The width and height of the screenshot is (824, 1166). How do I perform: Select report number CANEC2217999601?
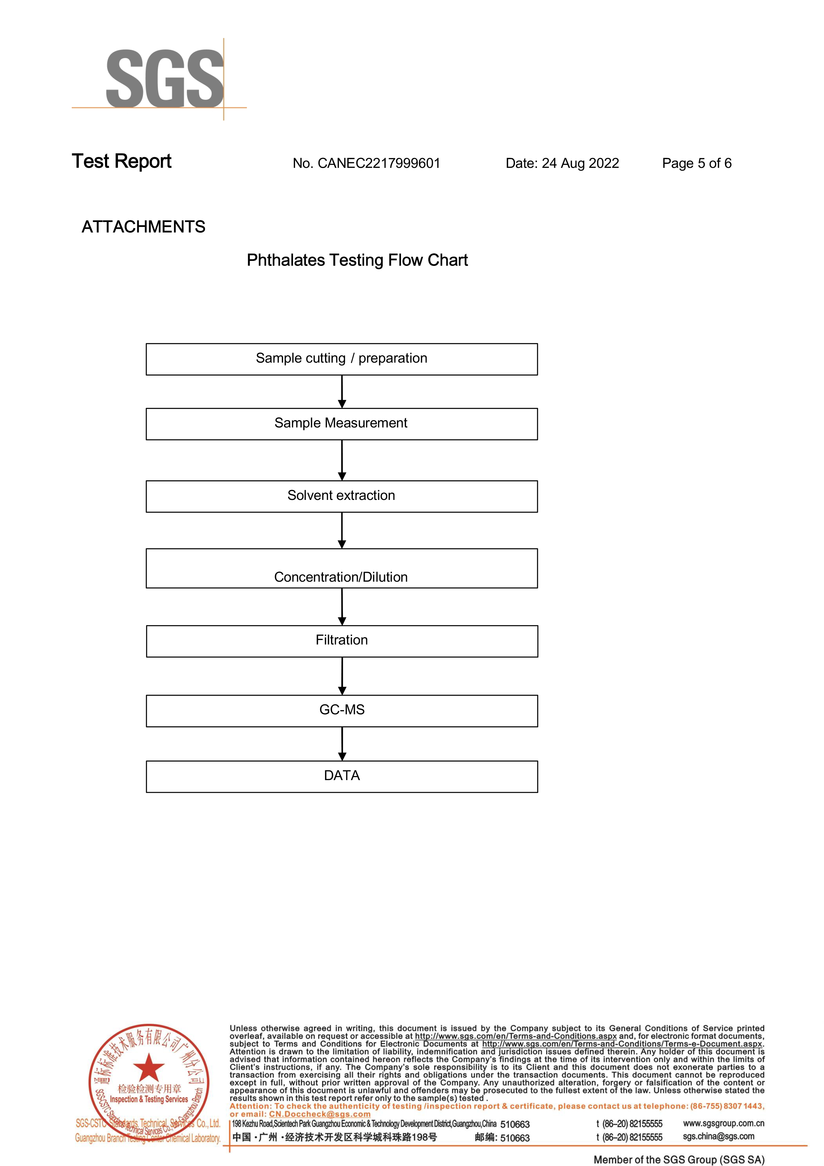click(x=366, y=164)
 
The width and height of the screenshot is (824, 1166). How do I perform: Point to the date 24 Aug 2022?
click(x=562, y=164)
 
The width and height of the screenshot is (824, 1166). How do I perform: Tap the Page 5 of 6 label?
click(x=696, y=164)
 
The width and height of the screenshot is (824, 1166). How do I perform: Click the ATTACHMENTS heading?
click(x=143, y=227)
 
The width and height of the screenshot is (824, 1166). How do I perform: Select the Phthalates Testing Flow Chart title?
click(x=357, y=260)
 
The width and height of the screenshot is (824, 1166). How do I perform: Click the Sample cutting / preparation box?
click(x=342, y=359)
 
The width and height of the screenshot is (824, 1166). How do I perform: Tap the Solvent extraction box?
click(x=342, y=496)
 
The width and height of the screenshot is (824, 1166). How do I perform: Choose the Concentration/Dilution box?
click(x=342, y=568)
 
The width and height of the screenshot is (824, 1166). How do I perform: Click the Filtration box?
click(x=342, y=641)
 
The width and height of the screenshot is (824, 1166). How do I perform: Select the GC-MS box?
click(x=342, y=710)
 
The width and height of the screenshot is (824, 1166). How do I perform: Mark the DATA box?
click(x=342, y=776)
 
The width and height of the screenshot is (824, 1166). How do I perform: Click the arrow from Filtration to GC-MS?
click(x=342, y=676)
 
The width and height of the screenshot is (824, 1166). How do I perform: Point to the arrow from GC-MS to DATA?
click(x=342, y=744)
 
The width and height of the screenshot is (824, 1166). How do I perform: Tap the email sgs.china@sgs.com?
click(x=718, y=1136)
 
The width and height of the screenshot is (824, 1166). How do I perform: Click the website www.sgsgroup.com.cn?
click(x=723, y=1123)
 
